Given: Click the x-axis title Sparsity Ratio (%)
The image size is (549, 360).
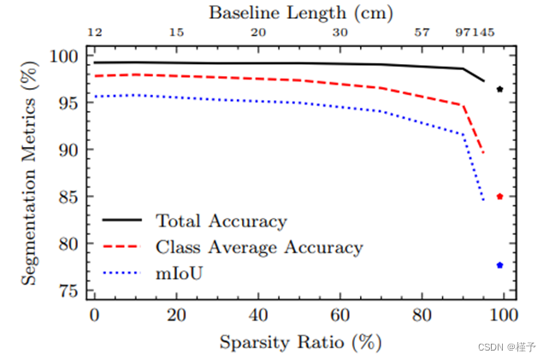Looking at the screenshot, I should point(299,342).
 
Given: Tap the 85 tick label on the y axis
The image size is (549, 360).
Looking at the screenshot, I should point(69,197).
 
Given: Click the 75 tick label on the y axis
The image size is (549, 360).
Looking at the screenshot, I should point(69,291).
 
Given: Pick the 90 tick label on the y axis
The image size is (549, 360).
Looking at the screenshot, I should point(69,150).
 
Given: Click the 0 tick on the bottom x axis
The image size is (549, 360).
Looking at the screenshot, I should point(95,315).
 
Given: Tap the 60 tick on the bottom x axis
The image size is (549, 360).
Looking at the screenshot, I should point(339,315).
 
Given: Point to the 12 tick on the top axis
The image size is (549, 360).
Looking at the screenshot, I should point(95,32).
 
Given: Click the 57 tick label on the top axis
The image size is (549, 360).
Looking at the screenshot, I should point(422,32).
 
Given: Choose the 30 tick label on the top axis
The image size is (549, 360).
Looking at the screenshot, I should point(339,32).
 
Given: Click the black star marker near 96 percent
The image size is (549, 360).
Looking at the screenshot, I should point(499,89).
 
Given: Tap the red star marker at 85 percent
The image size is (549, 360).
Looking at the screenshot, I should point(499,197).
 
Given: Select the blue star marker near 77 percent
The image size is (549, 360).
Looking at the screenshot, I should point(499,265).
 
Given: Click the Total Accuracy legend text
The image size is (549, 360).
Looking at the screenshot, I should point(221,221).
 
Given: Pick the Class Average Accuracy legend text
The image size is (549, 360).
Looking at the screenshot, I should point(259,248).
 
